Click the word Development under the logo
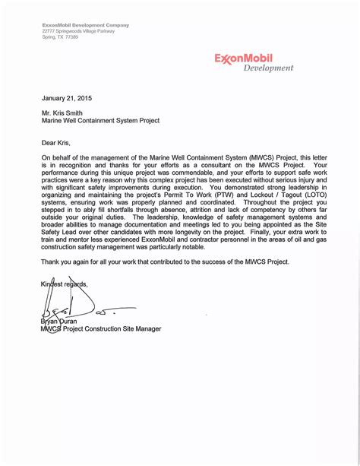[x=268, y=68]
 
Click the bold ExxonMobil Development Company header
[x=86, y=25]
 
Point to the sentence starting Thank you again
[x=166, y=260]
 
